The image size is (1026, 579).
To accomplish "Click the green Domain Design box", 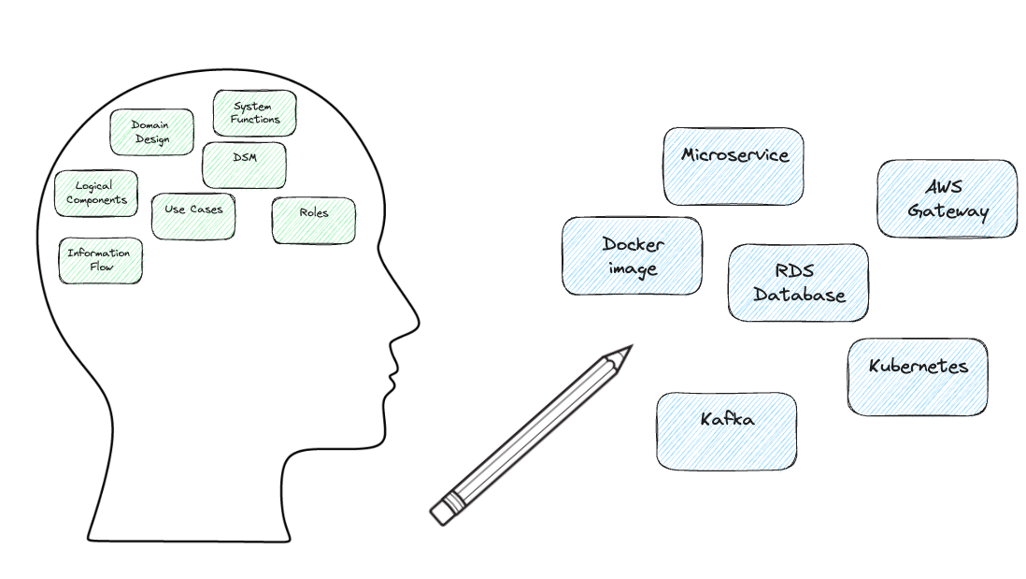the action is pyautogui.click(x=151, y=132).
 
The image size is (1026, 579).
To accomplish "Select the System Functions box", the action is pyautogui.click(x=254, y=113).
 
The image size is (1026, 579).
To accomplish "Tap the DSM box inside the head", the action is pyautogui.click(x=244, y=165).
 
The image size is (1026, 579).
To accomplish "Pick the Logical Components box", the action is pyautogui.click(x=96, y=194).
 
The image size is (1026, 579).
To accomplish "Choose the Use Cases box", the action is pyautogui.click(x=193, y=216).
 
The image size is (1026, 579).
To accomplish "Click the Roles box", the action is pyautogui.click(x=314, y=221).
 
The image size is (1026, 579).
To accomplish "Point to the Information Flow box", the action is pyautogui.click(x=100, y=261).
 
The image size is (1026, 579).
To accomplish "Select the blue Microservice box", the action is pyautogui.click(x=734, y=166).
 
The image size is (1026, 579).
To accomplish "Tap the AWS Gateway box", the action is pyautogui.click(x=948, y=198).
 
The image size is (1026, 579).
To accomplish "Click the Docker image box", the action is pyautogui.click(x=632, y=256).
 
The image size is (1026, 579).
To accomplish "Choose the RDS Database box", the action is pyautogui.click(x=798, y=282).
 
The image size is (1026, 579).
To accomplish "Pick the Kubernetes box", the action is pyautogui.click(x=918, y=377).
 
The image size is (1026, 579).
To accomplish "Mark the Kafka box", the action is pyautogui.click(x=726, y=431).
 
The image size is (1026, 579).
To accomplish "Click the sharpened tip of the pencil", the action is pyautogui.click(x=632, y=346).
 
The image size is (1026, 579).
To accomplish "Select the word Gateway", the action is pyautogui.click(x=948, y=210).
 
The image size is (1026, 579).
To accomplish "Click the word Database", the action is pyautogui.click(x=799, y=295).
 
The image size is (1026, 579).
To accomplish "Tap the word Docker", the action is pyautogui.click(x=633, y=244).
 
